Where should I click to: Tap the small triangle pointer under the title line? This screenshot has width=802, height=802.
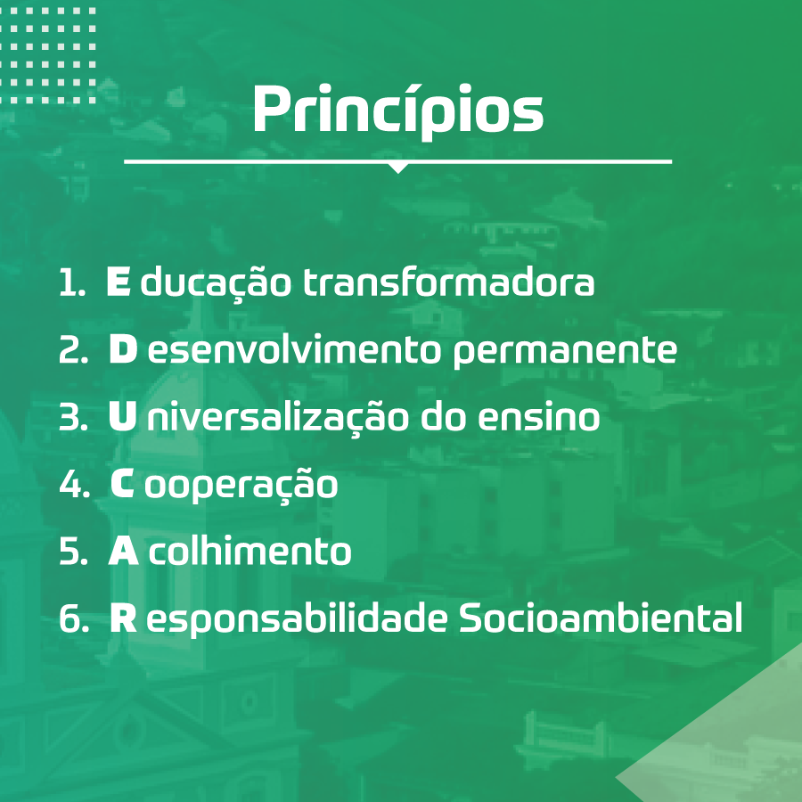[x=398, y=168]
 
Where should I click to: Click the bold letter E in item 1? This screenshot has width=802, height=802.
[x=119, y=282]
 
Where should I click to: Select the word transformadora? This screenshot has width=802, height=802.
[x=449, y=282]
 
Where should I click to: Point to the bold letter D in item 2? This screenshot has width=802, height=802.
[x=123, y=348]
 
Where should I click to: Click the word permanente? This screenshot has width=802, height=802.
[x=565, y=352]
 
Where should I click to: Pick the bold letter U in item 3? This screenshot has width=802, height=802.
[x=122, y=416]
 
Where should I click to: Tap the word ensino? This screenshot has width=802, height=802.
[x=538, y=416]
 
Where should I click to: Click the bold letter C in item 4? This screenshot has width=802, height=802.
[x=122, y=484]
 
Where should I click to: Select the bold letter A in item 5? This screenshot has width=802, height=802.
[x=123, y=551]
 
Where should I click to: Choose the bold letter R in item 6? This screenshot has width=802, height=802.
[x=123, y=618]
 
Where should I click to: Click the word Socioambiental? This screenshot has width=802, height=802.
[x=601, y=618]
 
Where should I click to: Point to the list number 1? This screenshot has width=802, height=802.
[x=72, y=282]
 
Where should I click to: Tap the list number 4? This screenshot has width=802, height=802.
[x=75, y=484]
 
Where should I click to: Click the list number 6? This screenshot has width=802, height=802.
[x=74, y=618]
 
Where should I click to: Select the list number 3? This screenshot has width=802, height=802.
[x=74, y=416]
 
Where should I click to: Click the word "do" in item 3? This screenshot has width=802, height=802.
[x=442, y=416]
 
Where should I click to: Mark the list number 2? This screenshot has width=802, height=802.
[x=74, y=348]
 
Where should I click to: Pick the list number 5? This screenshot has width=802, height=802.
[x=74, y=551]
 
